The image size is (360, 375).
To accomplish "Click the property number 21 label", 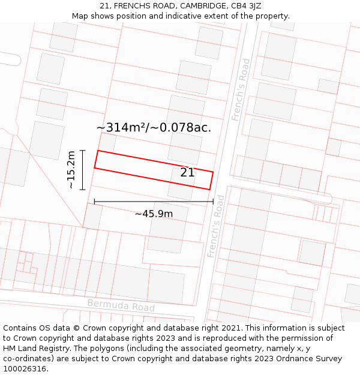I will click(187, 173).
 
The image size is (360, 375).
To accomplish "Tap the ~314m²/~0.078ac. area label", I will click(154, 127).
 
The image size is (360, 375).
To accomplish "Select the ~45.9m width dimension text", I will click(154, 214).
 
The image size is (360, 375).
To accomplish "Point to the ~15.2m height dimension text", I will click(71, 170).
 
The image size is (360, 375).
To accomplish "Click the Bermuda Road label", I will click(121, 305).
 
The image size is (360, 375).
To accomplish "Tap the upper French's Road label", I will click(240, 89).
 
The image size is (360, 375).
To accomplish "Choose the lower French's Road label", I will click(215, 226).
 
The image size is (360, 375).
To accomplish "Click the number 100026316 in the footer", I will click(25, 368).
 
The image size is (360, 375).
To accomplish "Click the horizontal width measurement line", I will click(154, 202).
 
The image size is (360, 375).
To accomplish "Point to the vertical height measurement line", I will click(83, 170).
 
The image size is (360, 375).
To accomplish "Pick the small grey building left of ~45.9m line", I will click(93, 217).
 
